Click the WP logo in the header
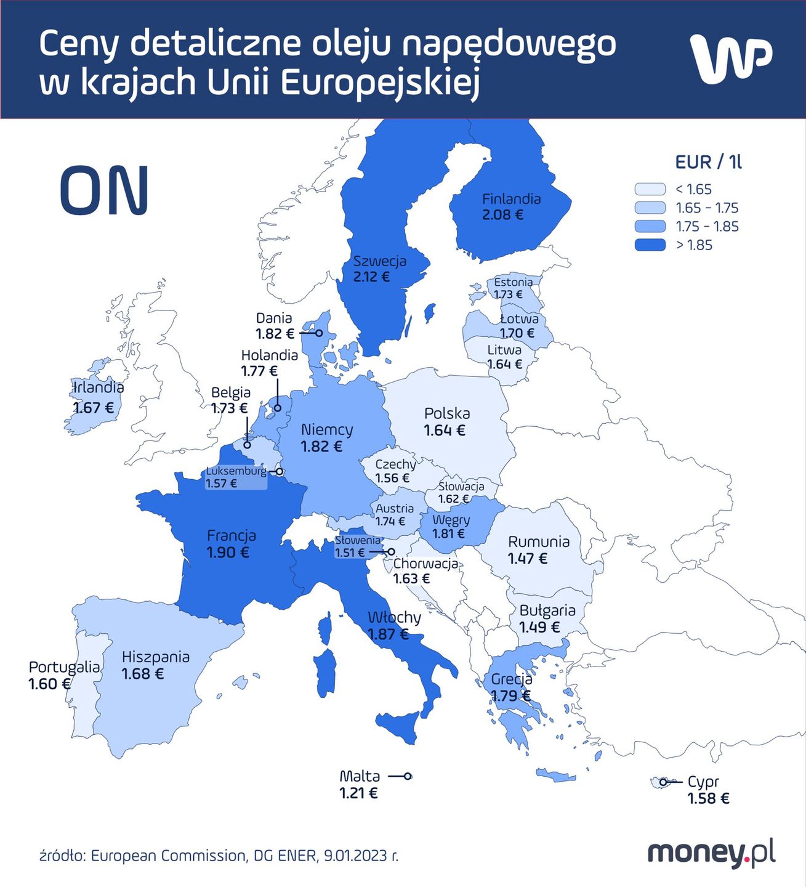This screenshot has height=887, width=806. coord(731,59)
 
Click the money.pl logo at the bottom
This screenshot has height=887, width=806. coord(711,854)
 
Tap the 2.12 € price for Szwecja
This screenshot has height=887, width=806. coord(371,277)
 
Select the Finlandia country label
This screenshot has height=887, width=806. coord(511,199)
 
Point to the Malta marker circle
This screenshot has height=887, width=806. coord(408,776)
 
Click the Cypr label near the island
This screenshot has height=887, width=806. coord(703,782)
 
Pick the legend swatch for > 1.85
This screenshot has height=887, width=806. coord(650,245)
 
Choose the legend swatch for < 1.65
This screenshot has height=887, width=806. coord(650,189)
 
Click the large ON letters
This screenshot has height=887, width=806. coord(105,190)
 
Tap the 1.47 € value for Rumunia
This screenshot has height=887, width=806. coord(528,559)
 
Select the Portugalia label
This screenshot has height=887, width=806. coord(64,667)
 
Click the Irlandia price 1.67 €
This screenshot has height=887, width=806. coord(94,408)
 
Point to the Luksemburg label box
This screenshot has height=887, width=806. coord(236,477)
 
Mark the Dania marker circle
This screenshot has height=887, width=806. coord(320,333)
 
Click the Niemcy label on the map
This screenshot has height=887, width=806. coord(327,429)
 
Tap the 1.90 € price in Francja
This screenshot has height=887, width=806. coord(228,553)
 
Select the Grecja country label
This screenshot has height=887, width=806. coord(512,679)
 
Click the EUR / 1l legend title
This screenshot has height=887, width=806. coord(708,162)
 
